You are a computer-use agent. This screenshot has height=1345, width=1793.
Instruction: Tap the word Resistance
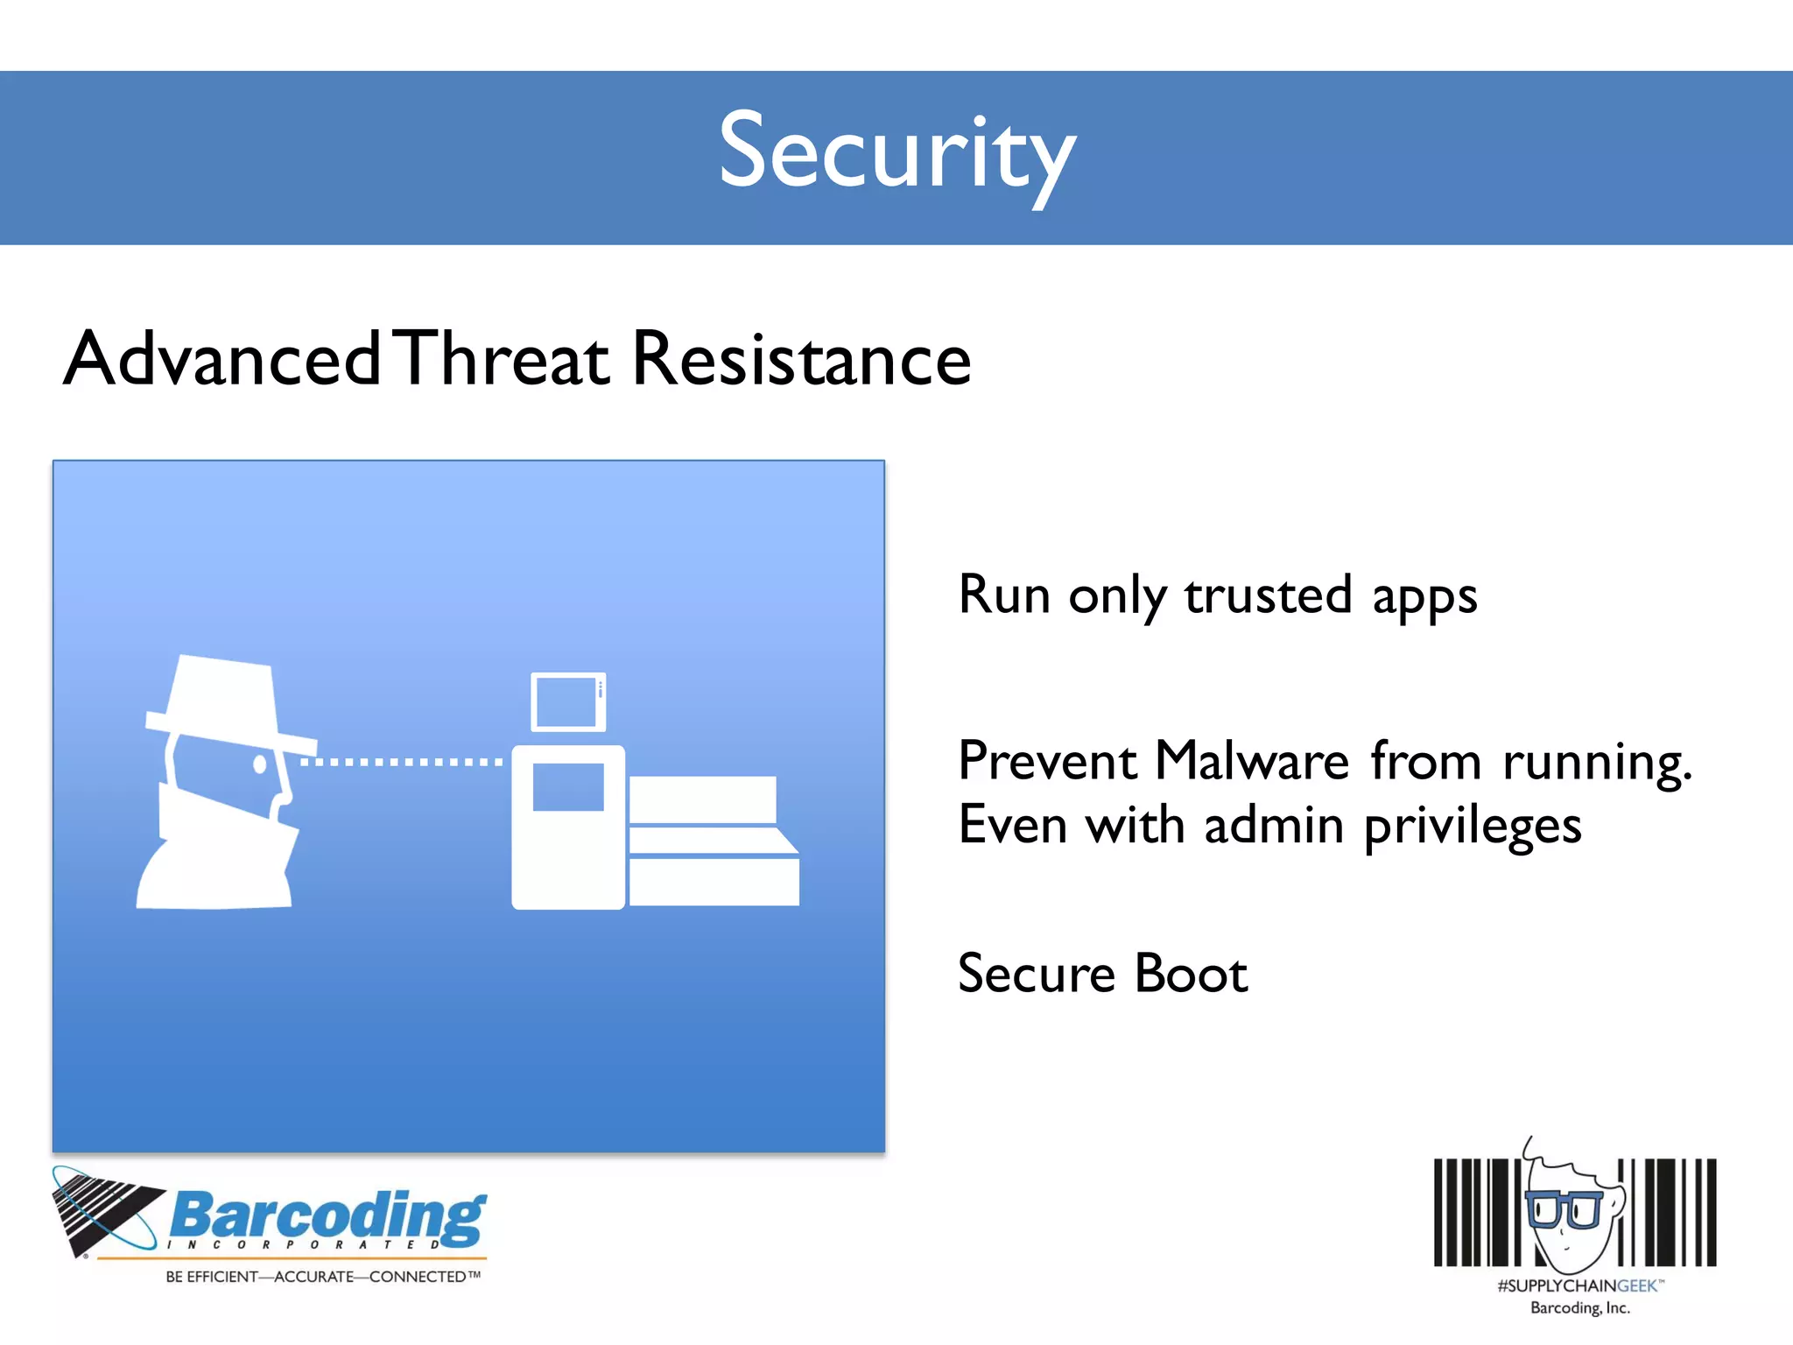tap(800, 359)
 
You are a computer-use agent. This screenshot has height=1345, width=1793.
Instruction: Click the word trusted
tap(1269, 595)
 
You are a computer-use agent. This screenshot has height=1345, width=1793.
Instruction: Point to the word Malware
tap(1252, 760)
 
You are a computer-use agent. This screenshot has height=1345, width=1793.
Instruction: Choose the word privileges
tap(1473, 827)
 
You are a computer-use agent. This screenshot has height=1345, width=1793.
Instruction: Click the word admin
tap(1274, 825)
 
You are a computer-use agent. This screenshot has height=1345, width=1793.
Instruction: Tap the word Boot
tap(1191, 974)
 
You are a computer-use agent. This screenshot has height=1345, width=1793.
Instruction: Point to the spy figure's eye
tap(259, 764)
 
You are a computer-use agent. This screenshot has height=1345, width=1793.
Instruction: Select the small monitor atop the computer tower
tap(568, 701)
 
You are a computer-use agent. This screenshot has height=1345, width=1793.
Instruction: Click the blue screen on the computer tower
tap(568, 786)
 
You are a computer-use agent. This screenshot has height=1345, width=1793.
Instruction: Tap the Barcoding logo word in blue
tap(327, 1215)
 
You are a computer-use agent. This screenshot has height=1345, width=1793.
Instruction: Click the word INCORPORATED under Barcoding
tap(303, 1244)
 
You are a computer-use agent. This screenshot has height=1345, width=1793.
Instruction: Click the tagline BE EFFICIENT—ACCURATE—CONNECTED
tap(322, 1277)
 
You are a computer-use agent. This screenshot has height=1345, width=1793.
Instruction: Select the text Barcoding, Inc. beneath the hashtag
tap(1580, 1307)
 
